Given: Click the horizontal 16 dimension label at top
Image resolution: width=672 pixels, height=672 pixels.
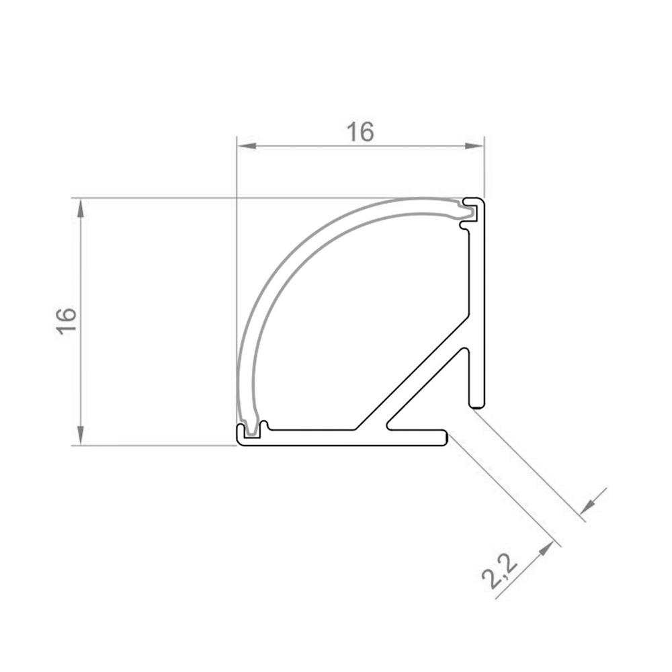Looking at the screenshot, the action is tap(360, 132).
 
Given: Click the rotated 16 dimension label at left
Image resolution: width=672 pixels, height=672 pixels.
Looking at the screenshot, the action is tap(67, 321).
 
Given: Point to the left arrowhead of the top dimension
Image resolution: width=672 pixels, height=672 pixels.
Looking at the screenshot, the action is tap(247, 146).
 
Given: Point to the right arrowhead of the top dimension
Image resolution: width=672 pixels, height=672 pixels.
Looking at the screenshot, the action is tap(474, 146).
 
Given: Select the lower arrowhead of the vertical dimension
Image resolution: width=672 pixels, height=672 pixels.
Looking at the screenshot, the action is tap(81, 435).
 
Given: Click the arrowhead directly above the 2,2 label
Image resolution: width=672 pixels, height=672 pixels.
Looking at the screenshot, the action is tap(545, 549).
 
